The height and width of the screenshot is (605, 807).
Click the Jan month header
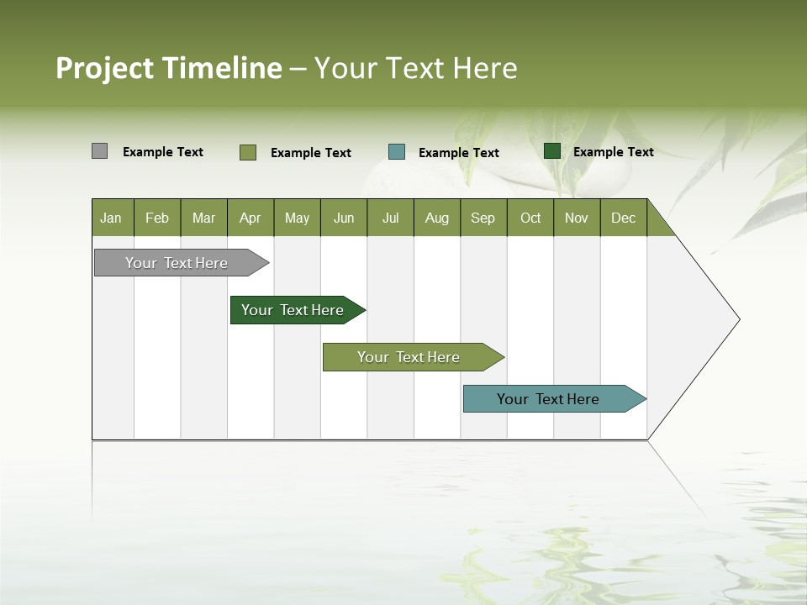pyautogui.click(x=111, y=218)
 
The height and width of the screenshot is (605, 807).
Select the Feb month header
pyautogui.click(x=157, y=218)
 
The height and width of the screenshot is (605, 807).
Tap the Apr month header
pyautogui.click(x=251, y=218)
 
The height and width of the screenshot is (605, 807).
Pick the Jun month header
pyautogui.click(x=344, y=218)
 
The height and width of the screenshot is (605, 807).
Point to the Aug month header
pyautogui.click(x=437, y=218)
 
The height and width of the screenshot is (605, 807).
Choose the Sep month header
pyautogui.click(x=483, y=218)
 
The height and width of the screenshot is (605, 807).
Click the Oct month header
pyautogui.click(x=530, y=218)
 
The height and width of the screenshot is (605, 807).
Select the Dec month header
pyautogui.click(x=624, y=218)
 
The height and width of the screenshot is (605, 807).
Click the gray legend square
pyautogui.click(x=99, y=151)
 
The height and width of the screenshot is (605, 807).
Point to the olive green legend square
pyautogui.click(x=247, y=152)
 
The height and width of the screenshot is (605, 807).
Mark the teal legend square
pyautogui.click(x=397, y=152)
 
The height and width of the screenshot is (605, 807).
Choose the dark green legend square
pyautogui.click(x=552, y=151)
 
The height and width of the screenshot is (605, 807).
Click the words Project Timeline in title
pyautogui.click(x=168, y=68)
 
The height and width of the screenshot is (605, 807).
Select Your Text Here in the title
pyautogui.click(x=415, y=68)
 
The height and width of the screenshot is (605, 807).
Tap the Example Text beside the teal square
pyautogui.click(x=459, y=153)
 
